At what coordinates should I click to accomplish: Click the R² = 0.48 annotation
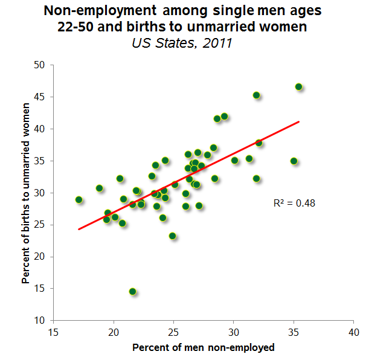tap(294, 204)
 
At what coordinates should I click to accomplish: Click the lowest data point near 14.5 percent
tap(133, 291)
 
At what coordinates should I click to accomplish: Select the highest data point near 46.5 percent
tap(298, 87)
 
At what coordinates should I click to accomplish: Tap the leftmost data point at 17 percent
tap(79, 199)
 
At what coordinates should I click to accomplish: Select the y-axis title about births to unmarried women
tap(26, 193)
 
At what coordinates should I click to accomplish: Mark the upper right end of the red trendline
tap(298, 121)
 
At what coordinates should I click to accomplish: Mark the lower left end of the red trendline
tap(79, 229)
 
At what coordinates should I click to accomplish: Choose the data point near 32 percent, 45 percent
tap(256, 95)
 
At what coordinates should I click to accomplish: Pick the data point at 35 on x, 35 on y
tap(294, 161)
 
